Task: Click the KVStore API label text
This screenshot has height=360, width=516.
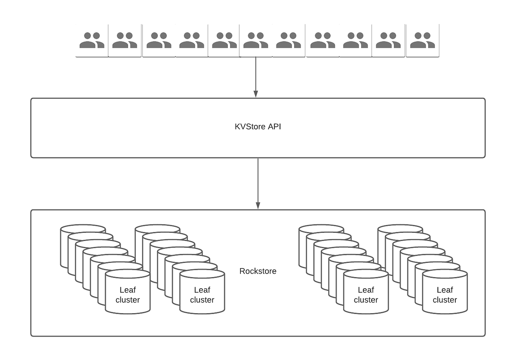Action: pos(258,128)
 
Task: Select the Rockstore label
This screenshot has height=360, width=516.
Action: pos(258,271)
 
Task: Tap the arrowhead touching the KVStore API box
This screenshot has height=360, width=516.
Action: pos(256,94)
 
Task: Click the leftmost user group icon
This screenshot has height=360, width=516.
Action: pos(92,40)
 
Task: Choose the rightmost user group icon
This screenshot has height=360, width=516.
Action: pos(422,40)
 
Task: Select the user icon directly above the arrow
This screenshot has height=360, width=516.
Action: pos(255,40)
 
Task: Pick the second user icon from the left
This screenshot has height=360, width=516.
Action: pos(125,40)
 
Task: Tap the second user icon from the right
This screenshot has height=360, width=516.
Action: pos(388,40)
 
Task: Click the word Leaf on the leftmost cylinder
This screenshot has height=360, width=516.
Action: pos(127,290)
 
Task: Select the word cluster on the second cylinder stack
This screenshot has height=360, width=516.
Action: pos(202,300)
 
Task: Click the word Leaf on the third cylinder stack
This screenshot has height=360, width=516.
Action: pos(366,290)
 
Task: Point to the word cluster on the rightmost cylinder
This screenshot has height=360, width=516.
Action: pos(445,300)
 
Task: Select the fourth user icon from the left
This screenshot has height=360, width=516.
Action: pos(191,40)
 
